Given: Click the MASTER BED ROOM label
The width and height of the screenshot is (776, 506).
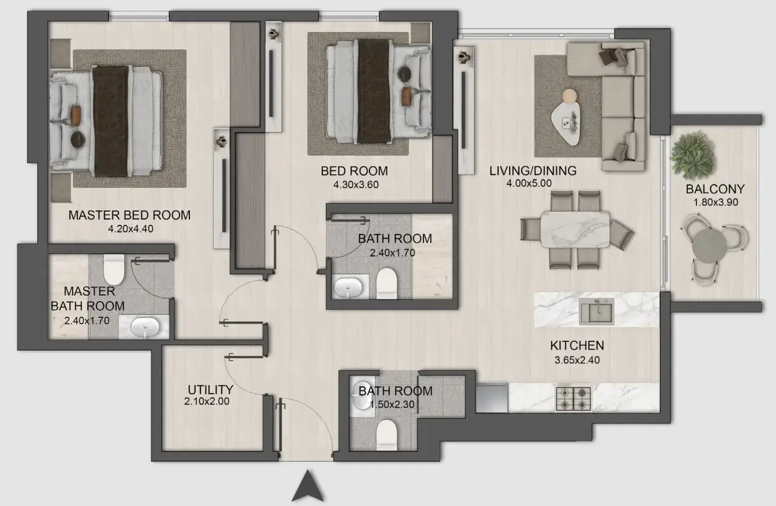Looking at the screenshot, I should [x=129, y=215].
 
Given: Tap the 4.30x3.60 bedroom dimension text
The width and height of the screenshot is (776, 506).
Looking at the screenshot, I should [x=356, y=184].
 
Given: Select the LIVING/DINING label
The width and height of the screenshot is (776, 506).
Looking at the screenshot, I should [x=533, y=170].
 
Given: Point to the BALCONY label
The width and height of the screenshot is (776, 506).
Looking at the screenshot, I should [x=715, y=189].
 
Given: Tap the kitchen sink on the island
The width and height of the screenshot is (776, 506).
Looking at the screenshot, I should [x=597, y=310].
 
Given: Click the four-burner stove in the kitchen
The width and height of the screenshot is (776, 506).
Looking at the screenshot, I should [x=573, y=399].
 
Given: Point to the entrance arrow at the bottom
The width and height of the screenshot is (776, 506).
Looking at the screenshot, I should [x=309, y=487].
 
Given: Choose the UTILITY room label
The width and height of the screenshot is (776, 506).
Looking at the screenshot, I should [x=210, y=390].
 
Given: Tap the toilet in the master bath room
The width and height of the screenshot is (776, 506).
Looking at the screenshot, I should [x=115, y=269].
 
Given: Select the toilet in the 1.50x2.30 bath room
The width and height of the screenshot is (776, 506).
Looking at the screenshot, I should [x=386, y=433].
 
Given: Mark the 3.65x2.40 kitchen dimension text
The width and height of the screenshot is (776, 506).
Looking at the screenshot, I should [x=577, y=359].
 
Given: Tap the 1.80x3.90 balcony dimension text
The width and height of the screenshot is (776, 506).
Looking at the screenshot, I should [x=715, y=202].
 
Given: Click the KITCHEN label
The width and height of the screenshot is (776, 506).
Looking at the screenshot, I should [x=577, y=346].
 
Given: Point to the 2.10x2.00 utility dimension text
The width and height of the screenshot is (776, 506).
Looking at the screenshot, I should [x=207, y=402].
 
